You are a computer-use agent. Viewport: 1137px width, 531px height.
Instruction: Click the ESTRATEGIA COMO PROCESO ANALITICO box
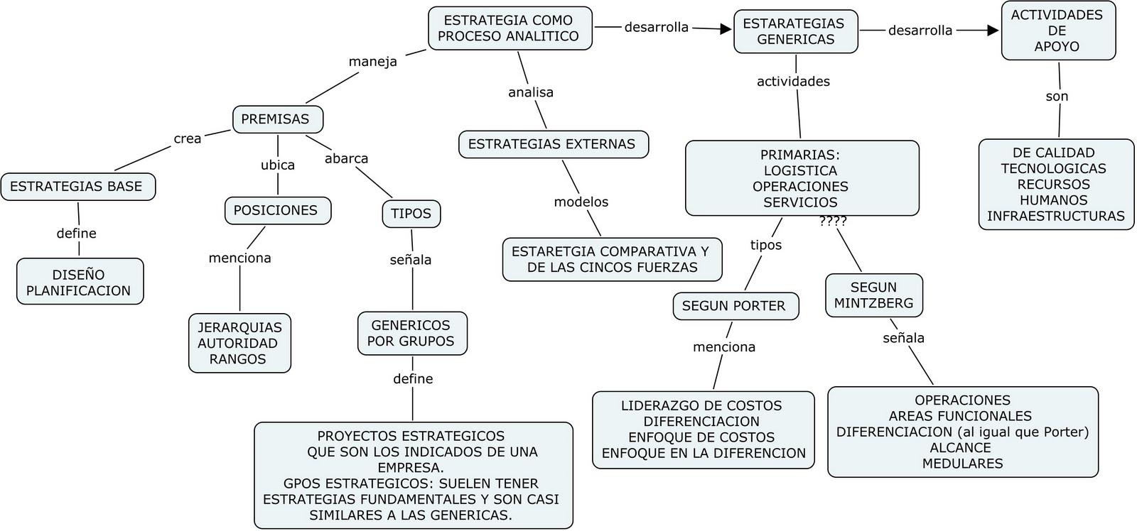[510, 28]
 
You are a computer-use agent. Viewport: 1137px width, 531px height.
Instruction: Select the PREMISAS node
[277, 119]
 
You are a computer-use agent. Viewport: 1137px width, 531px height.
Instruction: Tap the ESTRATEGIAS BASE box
[77, 187]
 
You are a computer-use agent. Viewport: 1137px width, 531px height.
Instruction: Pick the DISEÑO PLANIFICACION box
[80, 282]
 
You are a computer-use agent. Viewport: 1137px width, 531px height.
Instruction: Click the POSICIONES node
[277, 211]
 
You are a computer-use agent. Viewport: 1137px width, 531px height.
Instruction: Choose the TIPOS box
[411, 214]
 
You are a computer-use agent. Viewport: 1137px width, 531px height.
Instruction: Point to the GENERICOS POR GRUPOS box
[411, 333]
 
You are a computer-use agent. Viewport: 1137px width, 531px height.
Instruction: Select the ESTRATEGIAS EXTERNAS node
[553, 144]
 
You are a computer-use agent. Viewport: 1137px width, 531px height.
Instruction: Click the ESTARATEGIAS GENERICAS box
[795, 31]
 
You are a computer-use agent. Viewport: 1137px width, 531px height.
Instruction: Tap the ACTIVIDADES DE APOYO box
[1057, 31]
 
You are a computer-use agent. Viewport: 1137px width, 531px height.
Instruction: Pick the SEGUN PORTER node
[735, 306]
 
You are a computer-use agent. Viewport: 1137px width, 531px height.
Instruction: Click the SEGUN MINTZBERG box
[873, 295]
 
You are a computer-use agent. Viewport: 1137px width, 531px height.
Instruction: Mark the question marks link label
[833, 221]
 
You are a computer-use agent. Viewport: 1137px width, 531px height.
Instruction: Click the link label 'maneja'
[372, 62]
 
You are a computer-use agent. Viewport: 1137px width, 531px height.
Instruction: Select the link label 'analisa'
[531, 92]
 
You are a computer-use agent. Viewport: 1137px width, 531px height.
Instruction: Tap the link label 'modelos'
[581, 202]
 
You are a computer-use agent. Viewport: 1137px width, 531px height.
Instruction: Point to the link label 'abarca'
[346, 158]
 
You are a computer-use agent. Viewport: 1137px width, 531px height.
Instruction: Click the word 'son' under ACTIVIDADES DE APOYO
[1057, 97]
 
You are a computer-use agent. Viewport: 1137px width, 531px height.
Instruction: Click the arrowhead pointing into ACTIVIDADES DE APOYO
[993, 31]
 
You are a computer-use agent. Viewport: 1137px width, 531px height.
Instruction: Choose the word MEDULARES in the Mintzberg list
[963, 464]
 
